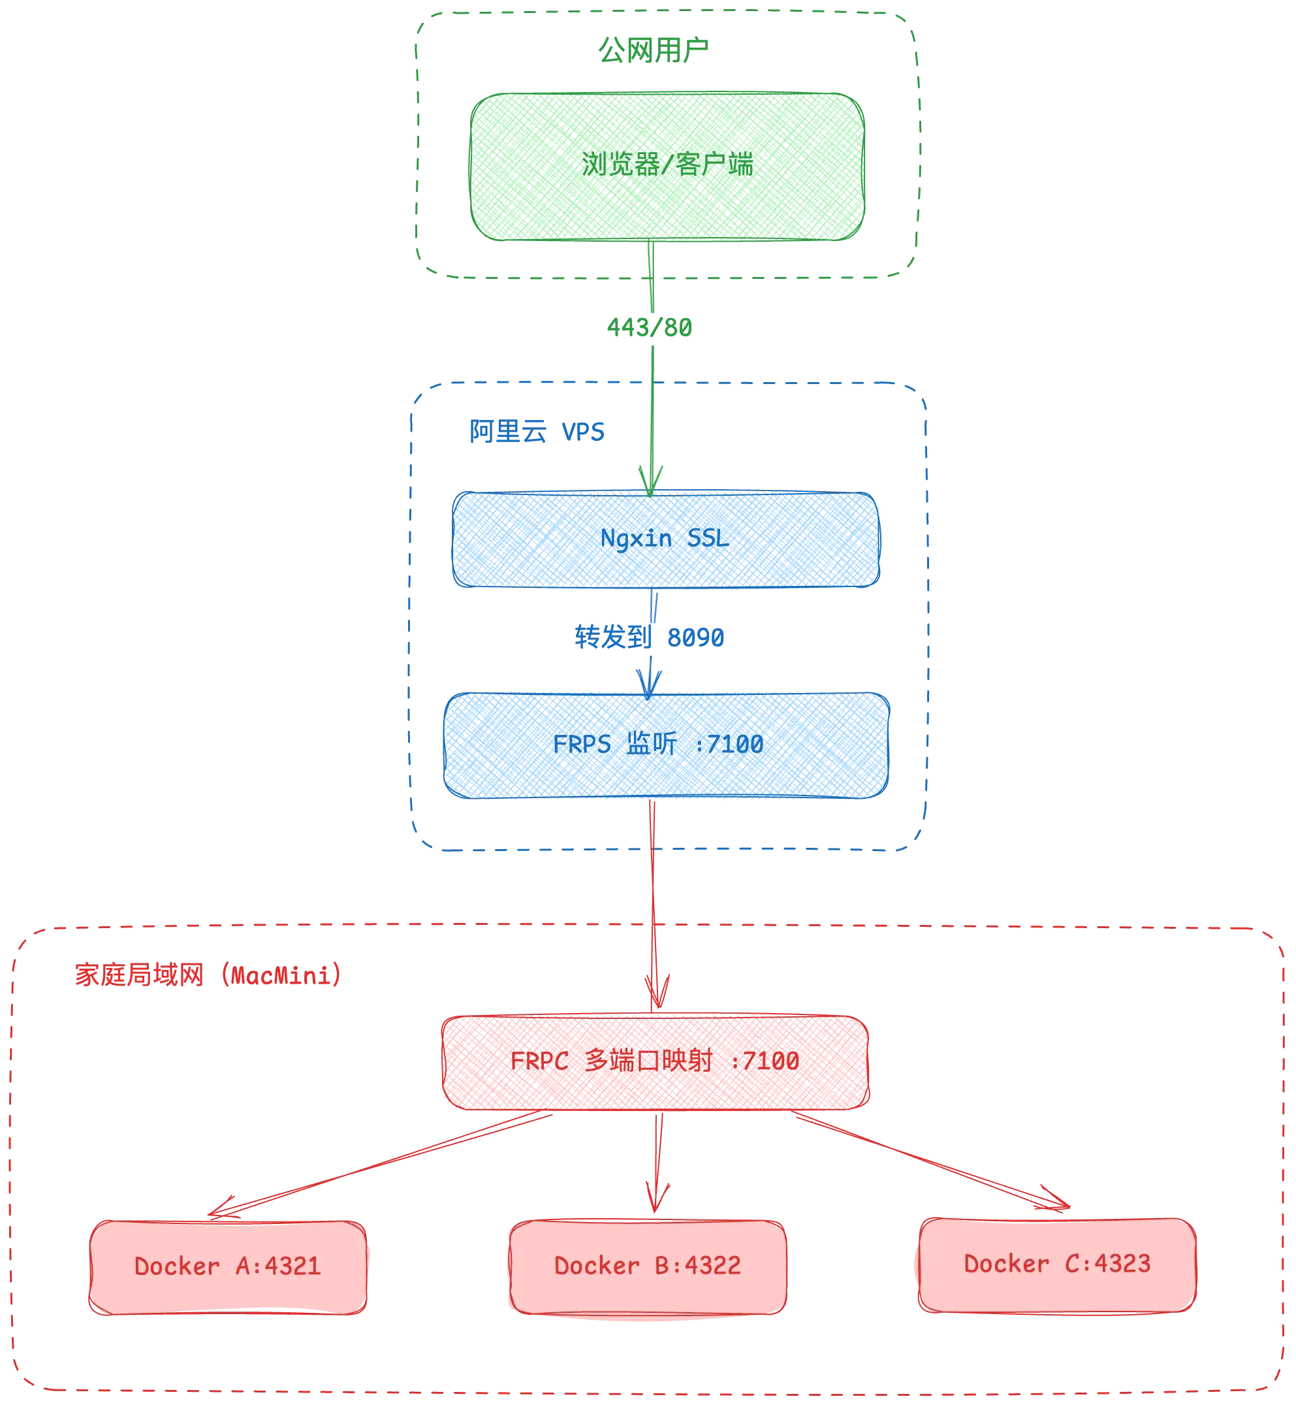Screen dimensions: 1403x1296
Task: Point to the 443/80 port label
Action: coord(650,328)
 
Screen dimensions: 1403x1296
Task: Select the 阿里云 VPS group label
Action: coord(537,432)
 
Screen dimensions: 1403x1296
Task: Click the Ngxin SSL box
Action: coord(666,540)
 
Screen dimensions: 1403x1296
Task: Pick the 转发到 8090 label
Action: coord(650,637)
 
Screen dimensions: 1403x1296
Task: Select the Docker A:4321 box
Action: coord(228,1266)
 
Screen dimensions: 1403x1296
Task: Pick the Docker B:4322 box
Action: coord(647,1265)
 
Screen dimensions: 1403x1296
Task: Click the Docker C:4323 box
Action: coord(1057,1264)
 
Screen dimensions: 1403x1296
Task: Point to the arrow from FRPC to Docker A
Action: coord(379,1165)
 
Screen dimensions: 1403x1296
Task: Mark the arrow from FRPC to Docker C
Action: coord(933,1161)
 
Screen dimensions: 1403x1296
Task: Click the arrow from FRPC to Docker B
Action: coord(656,1157)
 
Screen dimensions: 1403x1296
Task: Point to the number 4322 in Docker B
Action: coord(712,1265)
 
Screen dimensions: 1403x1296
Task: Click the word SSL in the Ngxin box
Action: coord(708,539)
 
